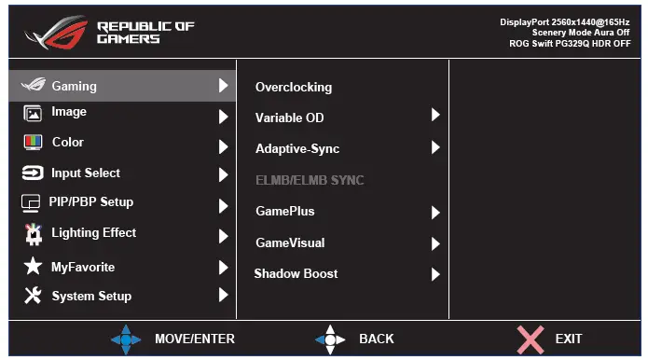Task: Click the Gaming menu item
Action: click(74, 86)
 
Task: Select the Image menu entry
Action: click(69, 112)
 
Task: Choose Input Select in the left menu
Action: click(86, 173)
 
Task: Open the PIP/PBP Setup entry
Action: click(91, 202)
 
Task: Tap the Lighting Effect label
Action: click(93, 233)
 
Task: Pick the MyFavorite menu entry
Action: click(83, 267)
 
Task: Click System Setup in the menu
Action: click(91, 297)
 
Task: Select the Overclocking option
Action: click(294, 88)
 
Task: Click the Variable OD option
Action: click(290, 118)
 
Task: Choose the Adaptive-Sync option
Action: click(297, 149)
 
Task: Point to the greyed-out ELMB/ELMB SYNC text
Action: click(310, 180)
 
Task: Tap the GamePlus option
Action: click(285, 212)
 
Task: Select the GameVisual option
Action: click(290, 243)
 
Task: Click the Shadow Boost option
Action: click(296, 274)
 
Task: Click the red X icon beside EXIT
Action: click(530, 338)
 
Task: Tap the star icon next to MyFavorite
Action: click(33, 267)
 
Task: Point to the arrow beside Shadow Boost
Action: click(435, 274)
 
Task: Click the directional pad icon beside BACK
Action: click(330, 339)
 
